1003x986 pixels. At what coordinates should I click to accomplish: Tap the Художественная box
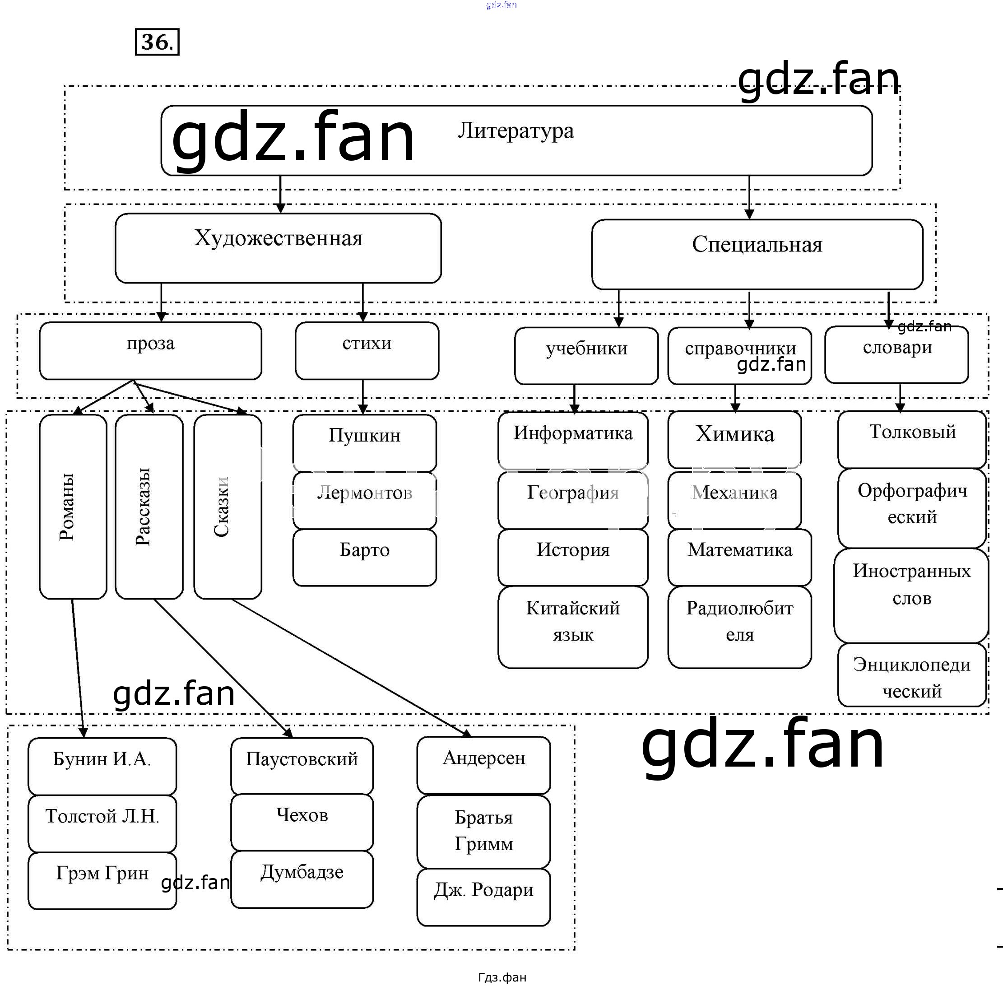click(x=278, y=248)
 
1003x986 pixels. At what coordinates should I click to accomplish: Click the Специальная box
click(x=757, y=254)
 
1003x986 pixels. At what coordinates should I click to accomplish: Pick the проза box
click(x=150, y=351)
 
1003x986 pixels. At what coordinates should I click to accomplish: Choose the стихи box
click(x=367, y=351)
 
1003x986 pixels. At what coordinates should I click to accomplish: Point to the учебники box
click(x=586, y=355)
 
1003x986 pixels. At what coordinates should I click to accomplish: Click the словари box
click(x=896, y=354)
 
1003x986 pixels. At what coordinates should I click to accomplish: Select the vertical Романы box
click(x=73, y=507)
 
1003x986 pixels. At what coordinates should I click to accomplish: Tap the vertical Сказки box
click(x=228, y=507)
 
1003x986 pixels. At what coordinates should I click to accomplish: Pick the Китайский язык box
click(x=573, y=626)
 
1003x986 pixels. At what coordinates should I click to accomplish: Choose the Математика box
click(x=739, y=557)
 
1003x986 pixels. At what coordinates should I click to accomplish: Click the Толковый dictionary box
click(x=911, y=439)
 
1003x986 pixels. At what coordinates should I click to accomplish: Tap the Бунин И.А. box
click(x=102, y=765)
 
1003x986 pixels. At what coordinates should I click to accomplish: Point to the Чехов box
click(x=302, y=822)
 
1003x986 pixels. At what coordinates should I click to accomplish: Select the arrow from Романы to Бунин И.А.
click(x=78, y=668)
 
